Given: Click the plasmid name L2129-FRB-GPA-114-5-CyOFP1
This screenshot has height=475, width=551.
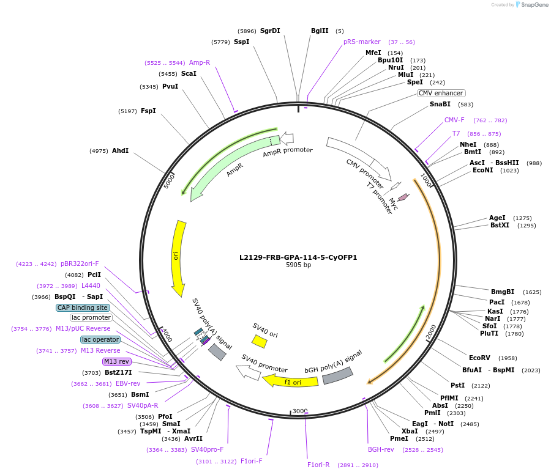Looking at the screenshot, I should [298, 257].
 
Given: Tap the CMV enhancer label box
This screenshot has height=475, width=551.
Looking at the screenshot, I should [441, 93].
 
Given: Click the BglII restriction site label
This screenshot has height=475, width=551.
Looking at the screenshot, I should [320, 31].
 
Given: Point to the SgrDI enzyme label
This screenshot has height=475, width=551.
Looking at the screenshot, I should [270, 31].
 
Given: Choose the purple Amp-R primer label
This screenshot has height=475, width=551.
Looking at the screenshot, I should [200, 62].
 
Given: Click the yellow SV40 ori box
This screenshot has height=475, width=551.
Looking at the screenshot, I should [260, 341].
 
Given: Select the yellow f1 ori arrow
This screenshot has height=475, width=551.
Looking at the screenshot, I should [290, 381].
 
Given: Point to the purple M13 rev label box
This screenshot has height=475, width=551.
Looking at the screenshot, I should [117, 361].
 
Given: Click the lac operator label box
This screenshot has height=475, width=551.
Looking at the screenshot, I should [100, 339].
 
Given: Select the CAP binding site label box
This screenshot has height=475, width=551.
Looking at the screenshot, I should [83, 307].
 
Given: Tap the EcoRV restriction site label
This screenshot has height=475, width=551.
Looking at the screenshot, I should [480, 358].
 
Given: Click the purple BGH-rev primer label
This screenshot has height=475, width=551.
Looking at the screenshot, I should [381, 449].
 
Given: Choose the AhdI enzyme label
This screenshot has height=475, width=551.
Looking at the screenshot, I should [120, 150].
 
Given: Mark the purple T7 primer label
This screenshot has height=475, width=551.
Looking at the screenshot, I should [456, 133].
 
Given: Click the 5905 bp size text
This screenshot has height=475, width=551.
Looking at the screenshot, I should [298, 265].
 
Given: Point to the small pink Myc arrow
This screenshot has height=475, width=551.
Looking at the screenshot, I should [403, 197].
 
